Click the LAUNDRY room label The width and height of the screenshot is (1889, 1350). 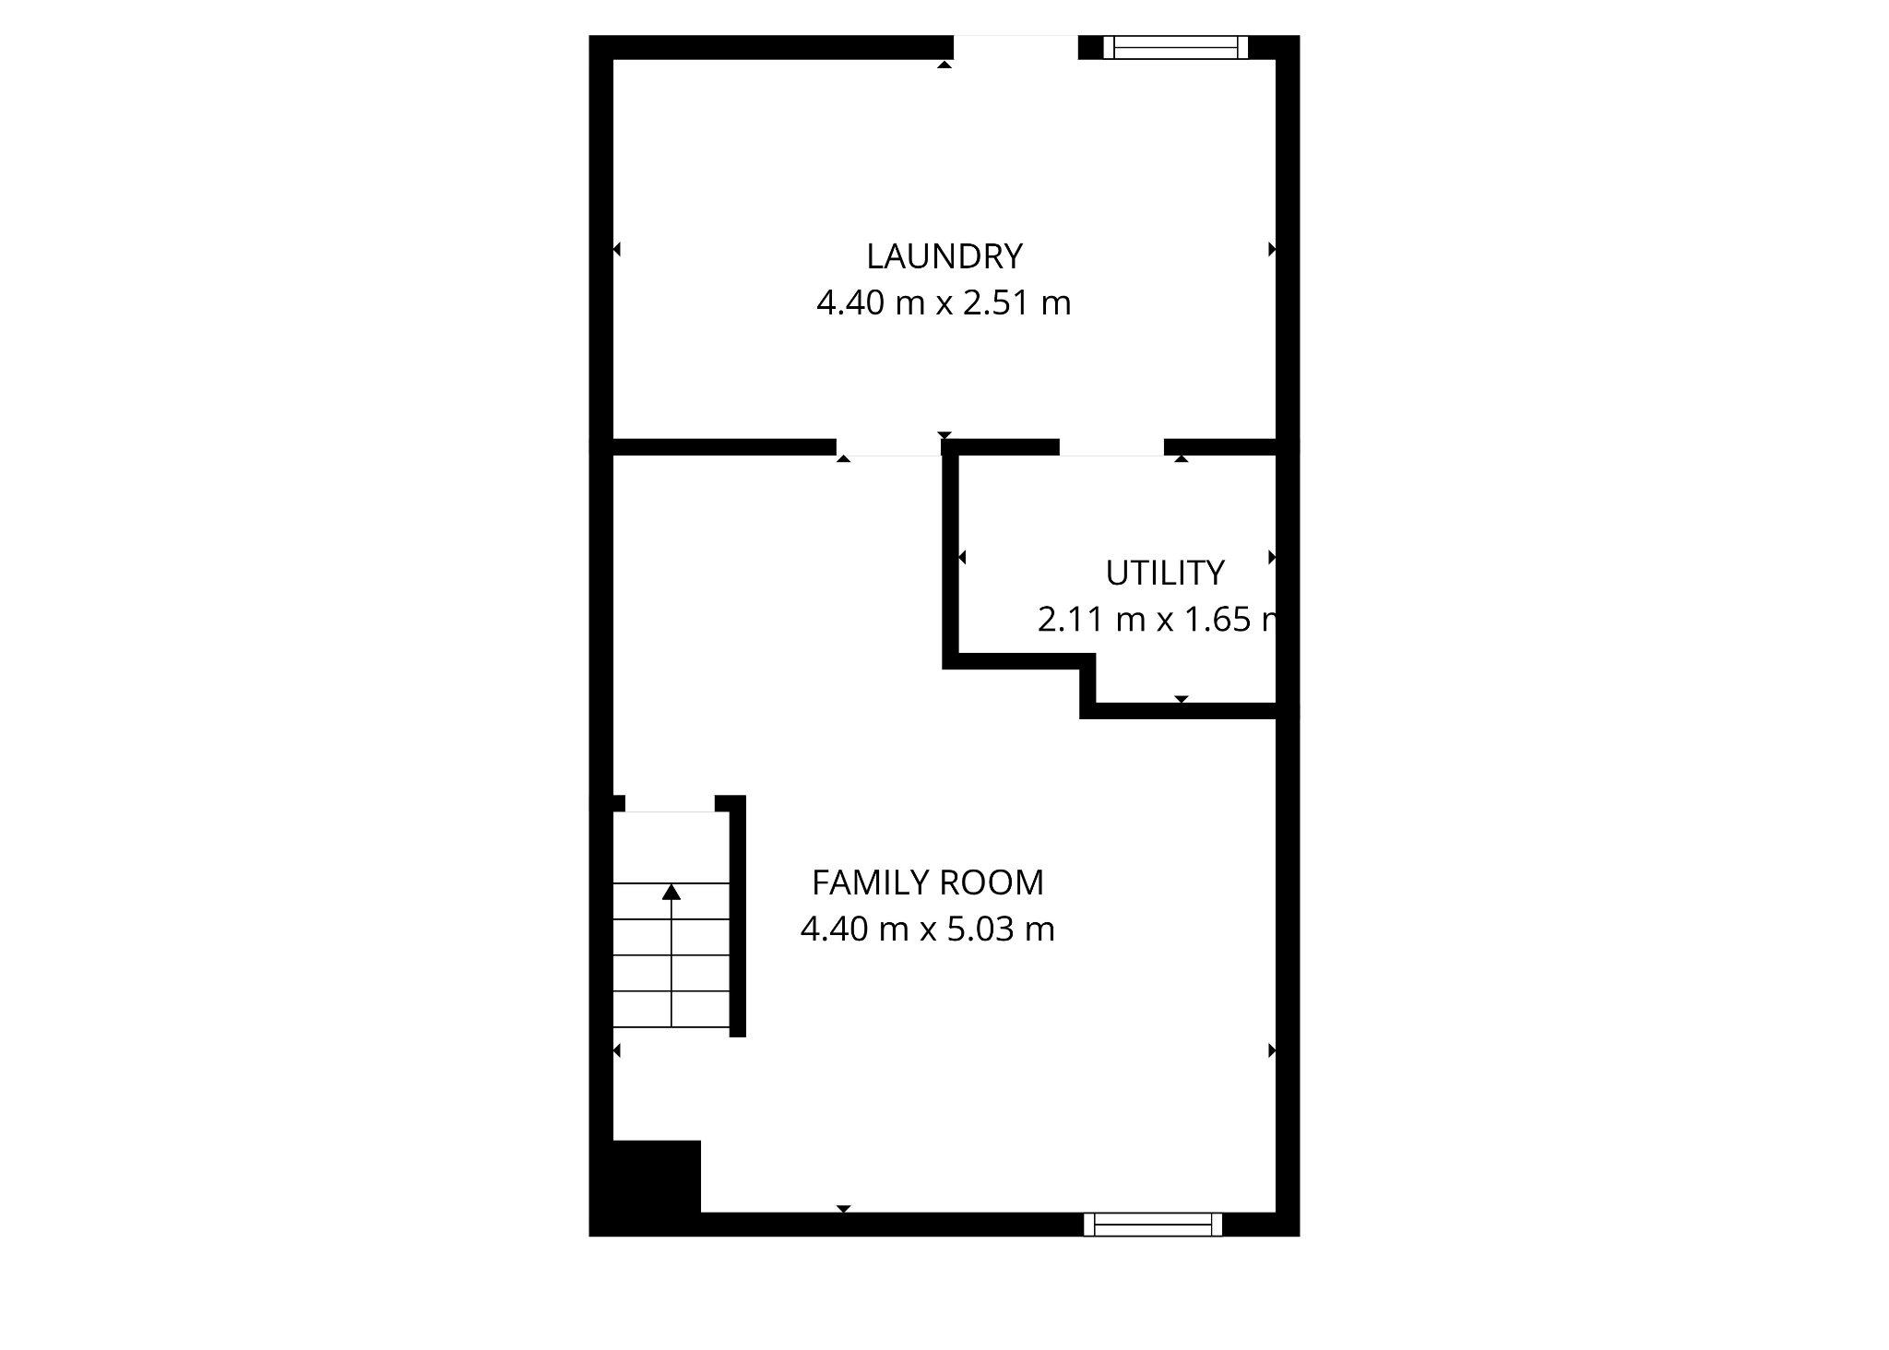click(944, 256)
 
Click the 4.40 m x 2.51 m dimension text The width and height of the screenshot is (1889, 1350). click(944, 303)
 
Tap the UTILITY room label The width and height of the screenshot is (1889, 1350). click(1164, 574)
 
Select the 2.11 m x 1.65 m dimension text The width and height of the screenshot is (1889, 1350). click(1158, 620)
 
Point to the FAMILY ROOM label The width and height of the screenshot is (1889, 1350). click(927, 883)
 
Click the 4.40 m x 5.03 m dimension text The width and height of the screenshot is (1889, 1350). click(927, 929)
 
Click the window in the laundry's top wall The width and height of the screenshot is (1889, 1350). click(1176, 47)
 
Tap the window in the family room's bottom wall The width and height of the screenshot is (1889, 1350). click(1152, 1225)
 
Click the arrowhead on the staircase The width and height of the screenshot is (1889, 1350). click(671, 892)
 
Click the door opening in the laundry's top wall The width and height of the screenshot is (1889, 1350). click(1016, 47)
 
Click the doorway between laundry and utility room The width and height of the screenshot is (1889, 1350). click(1111, 447)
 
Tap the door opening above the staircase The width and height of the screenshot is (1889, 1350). click(670, 804)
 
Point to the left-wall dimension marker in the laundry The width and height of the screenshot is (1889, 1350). click(617, 249)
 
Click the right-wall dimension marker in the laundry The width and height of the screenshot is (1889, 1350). click(1272, 249)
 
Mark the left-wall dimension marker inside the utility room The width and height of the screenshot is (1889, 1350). click(962, 557)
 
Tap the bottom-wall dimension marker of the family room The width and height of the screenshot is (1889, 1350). click(843, 1208)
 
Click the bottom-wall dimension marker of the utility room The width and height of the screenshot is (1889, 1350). click(1182, 699)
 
